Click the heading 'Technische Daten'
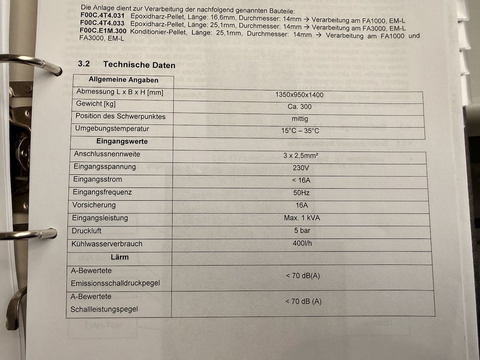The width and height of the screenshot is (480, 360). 139,65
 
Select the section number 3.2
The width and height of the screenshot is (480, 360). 84,63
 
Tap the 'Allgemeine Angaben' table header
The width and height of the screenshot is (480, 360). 123,80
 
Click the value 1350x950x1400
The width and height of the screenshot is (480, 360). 299,95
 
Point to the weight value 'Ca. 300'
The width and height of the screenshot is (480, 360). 300,106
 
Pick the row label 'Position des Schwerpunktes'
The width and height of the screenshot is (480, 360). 120,116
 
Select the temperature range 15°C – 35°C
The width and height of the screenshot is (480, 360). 300,131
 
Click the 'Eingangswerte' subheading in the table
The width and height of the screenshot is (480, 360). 122,141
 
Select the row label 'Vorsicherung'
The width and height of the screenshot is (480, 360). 94,205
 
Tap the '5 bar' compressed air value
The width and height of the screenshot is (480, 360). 302,231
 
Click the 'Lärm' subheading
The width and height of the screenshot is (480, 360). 120,257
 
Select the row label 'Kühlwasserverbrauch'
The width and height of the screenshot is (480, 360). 107,244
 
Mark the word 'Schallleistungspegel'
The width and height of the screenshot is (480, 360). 104,309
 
